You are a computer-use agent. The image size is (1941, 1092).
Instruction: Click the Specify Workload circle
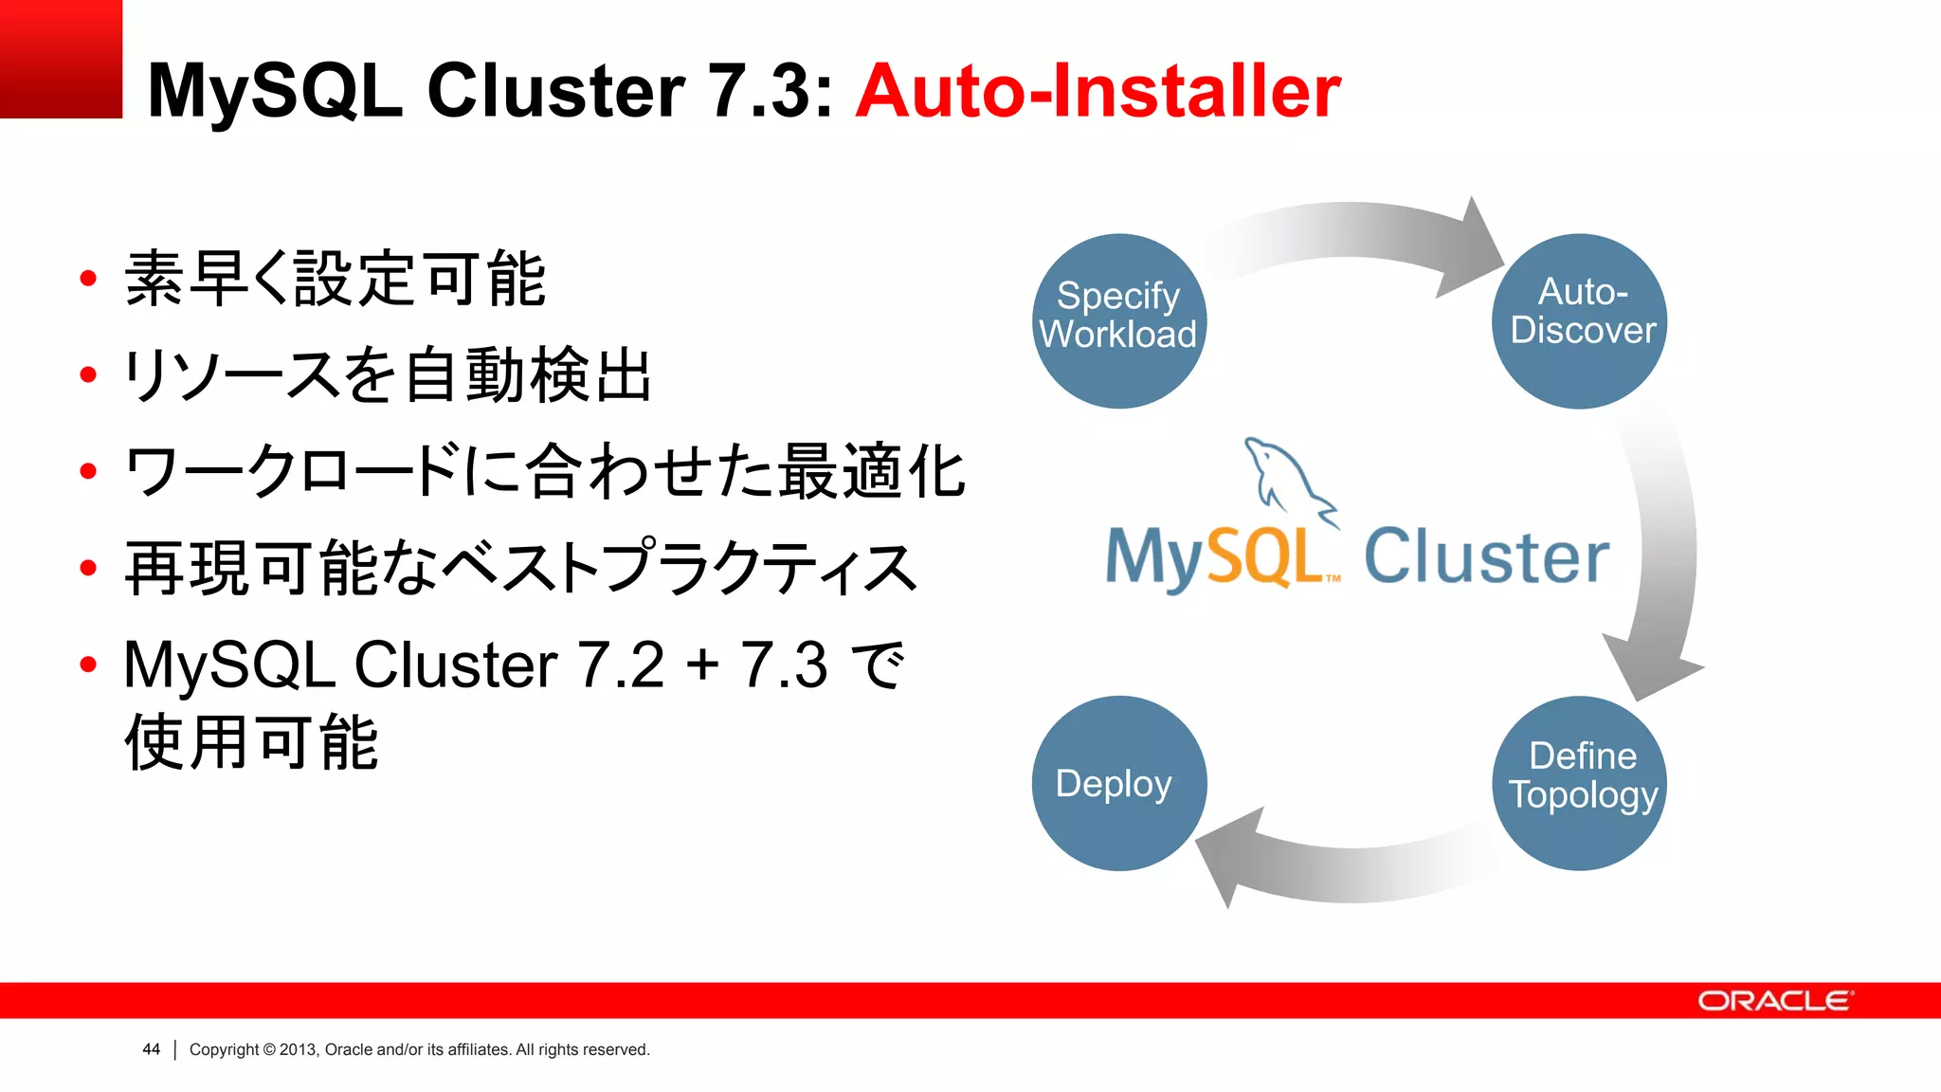[1118, 320]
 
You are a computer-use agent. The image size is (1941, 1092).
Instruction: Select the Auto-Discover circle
[1580, 320]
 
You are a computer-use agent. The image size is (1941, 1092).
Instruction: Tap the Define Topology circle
[1580, 783]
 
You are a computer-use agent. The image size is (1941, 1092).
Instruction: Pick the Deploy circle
[1118, 783]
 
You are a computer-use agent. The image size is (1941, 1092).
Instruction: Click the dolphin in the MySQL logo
[1284, 479]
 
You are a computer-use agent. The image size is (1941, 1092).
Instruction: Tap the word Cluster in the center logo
[1486, 557]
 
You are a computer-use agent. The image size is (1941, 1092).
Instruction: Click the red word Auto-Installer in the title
[1097, 91]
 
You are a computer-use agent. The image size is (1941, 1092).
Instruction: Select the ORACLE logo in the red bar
[1774, 1001]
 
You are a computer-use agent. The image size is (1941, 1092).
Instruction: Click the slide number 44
[151, 1049]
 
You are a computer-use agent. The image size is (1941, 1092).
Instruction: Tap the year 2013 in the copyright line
[298, 1049]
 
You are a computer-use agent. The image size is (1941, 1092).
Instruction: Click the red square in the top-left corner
[61, 59]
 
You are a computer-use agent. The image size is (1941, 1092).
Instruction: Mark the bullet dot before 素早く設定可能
[89, 279]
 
